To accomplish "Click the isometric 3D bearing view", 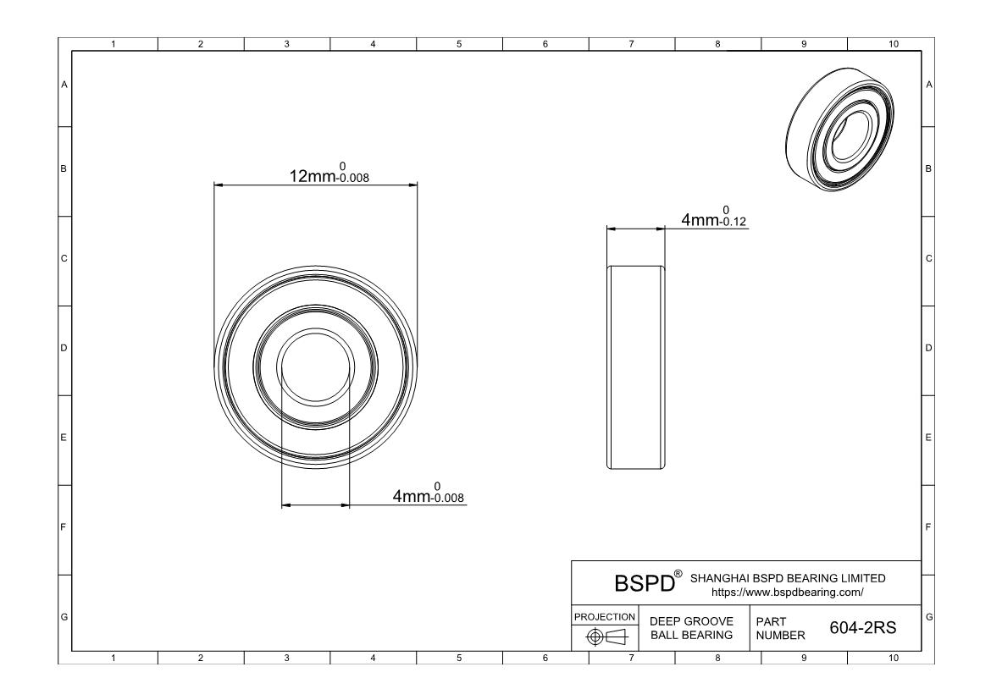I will [841, 135].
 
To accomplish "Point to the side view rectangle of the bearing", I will [636, 366].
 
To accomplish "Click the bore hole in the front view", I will [315, 366].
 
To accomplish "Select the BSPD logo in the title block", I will [644, 583].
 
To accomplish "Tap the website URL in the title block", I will [788, 591].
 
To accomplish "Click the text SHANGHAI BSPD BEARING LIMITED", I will [788, 578].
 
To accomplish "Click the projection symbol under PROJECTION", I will [606, 637].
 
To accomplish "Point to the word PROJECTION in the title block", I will [605, 616].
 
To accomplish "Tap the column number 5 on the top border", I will [459, 44].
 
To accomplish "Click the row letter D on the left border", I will [64, 348].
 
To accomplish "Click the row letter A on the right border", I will [929, 85].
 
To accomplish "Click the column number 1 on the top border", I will [114, 44].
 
